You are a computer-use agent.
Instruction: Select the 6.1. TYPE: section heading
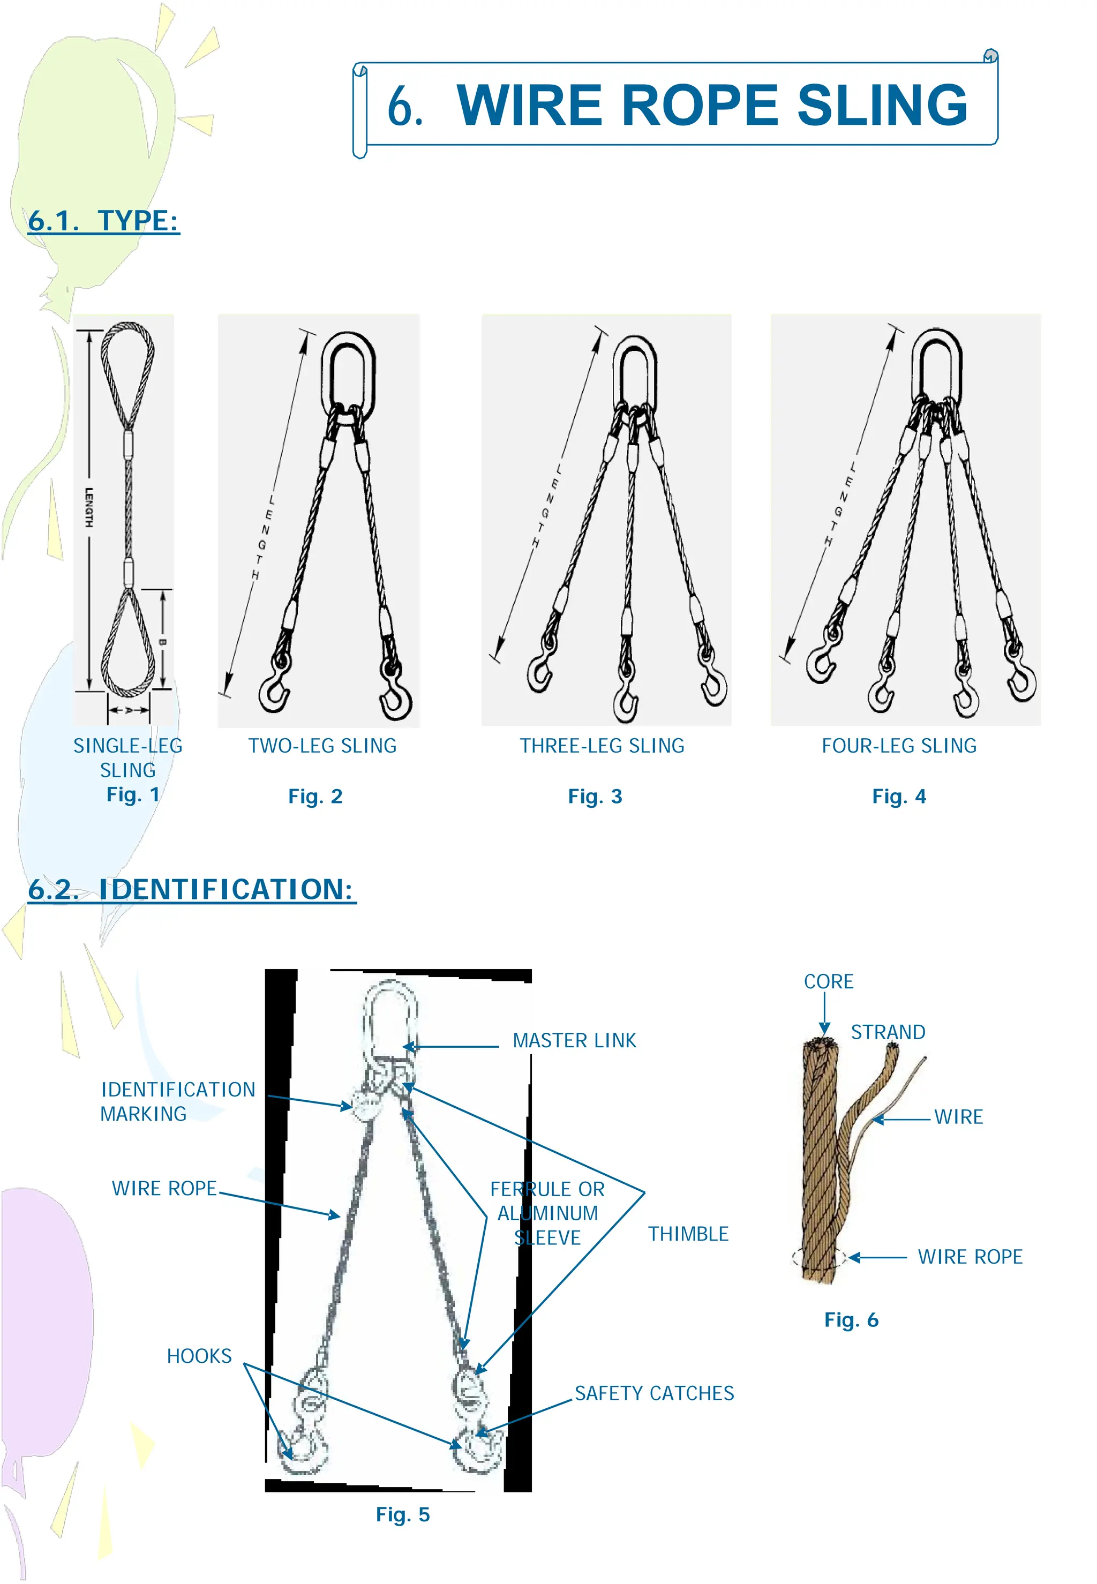point(103,221)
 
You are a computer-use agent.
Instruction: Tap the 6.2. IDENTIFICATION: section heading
point(192,889)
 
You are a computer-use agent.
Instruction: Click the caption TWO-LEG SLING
point(322,746)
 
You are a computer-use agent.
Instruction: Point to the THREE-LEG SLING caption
point(602,746)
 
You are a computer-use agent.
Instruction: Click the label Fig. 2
point(315,797)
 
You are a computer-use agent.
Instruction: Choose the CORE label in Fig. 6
point(829,981)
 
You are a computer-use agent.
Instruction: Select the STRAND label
point(888,1032)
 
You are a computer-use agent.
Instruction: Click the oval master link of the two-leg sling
point(349,374)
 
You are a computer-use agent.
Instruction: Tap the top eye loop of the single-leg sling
point(128,371)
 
